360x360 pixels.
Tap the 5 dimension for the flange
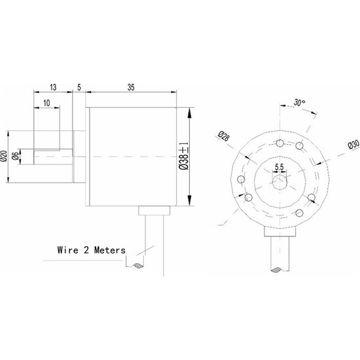click(x=79, y=86)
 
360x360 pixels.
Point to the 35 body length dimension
click(x=131, y=86)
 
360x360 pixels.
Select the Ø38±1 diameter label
click(x=184, y=157)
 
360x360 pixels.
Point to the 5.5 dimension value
click(x=279, y=168)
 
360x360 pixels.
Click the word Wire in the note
click(x=69, y=249)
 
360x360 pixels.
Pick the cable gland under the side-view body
click(x=154, y=210)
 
